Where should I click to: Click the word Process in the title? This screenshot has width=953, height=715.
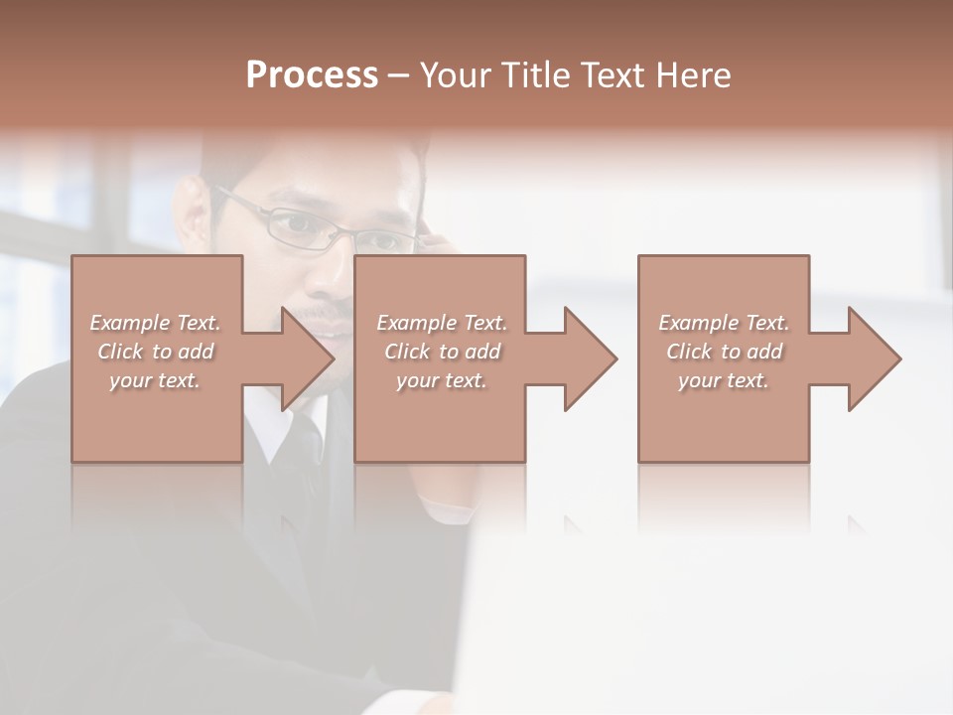coord(312,75)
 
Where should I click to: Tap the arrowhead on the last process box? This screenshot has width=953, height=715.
coord(873,359)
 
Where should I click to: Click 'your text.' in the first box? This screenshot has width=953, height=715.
coord(154,380)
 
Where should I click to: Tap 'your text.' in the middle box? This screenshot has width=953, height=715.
coord(441,380)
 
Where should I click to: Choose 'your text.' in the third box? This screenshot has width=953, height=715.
coord(723,380)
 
